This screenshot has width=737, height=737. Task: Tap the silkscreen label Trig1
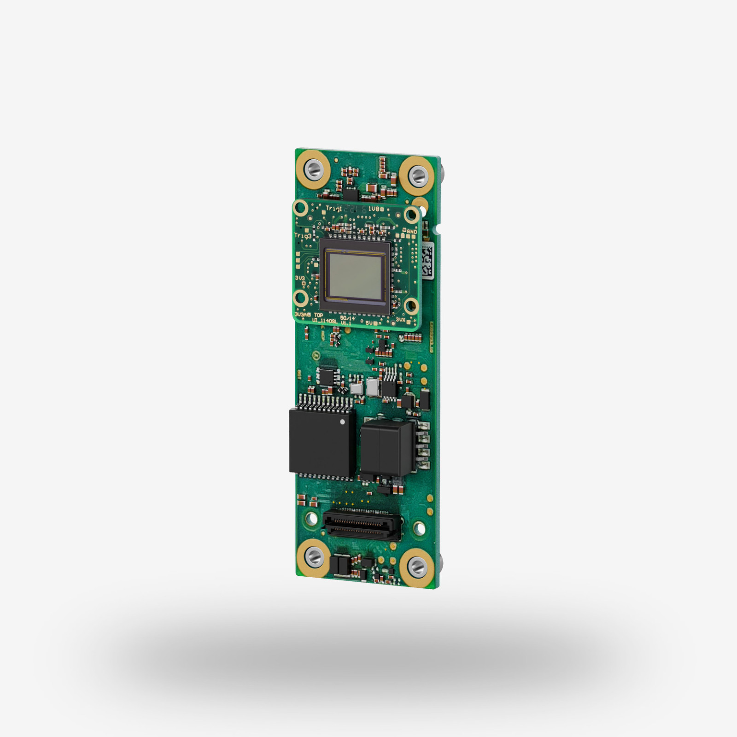click(x=334, y=209)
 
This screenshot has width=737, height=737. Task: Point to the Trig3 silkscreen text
click(x=303, y=235)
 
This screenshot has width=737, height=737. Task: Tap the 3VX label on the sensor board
click(x=400, y=319)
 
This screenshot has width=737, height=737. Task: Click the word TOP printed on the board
click(x=318, y=315)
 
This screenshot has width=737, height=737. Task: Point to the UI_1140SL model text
click(x=325, y=321)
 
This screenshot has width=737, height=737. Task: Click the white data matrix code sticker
click(x=427, y=261)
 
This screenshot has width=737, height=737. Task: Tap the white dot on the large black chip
click(x=342, y=421)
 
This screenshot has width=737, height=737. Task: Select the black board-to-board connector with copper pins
click(x=362, y=525)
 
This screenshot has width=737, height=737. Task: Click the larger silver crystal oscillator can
click(x=373, y=387)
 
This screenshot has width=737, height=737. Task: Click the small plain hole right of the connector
click(x=419, y=528)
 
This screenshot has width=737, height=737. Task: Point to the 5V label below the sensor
click(x=370, y=323)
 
